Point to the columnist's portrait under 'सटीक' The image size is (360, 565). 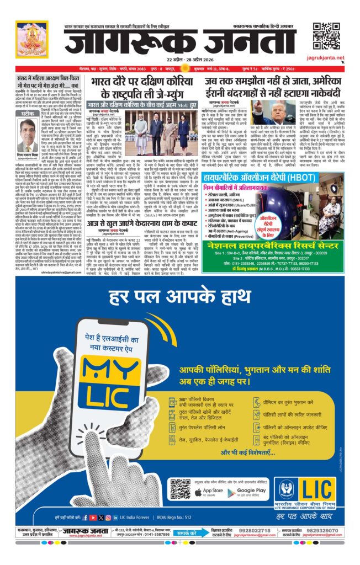click(x=27, y=135)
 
